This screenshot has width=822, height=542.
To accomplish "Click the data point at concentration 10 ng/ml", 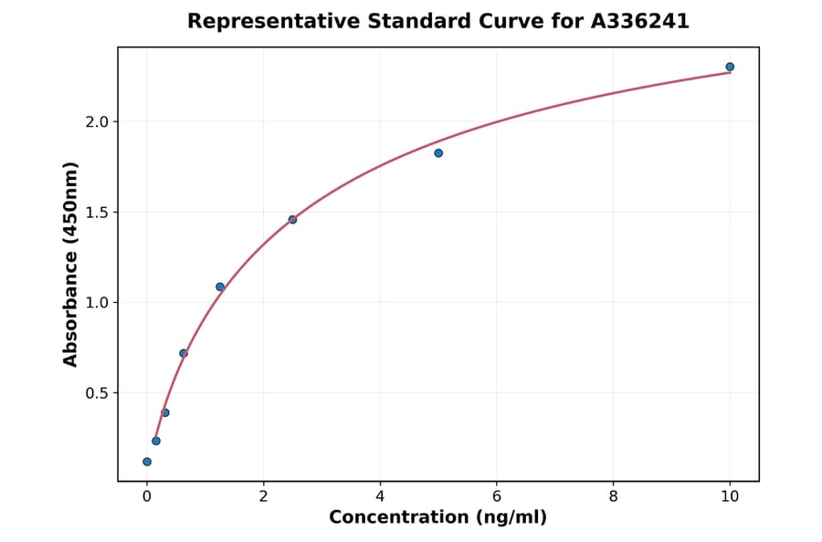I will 730,67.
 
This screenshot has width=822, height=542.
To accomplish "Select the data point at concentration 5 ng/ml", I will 438,153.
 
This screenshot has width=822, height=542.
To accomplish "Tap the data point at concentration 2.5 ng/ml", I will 292,220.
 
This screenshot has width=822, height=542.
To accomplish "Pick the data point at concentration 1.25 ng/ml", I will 220,287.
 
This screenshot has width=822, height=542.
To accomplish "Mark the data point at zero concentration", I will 147,462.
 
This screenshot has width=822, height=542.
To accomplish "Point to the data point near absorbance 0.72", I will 184,353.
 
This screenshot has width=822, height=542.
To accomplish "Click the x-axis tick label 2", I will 263,497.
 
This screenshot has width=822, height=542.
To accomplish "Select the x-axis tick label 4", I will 380,497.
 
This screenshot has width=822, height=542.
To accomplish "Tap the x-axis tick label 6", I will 497,497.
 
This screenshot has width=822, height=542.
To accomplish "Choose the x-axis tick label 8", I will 613,497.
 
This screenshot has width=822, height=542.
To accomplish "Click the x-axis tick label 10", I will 730,497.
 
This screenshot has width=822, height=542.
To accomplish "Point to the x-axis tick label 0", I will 147,497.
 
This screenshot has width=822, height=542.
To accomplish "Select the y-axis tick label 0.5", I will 98,393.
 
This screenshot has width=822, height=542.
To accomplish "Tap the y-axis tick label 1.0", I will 98,303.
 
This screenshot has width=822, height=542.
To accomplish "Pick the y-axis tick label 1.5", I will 98,213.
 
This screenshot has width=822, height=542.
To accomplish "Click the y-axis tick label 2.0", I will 98,122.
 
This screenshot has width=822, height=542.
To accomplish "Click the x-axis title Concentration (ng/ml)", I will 437,518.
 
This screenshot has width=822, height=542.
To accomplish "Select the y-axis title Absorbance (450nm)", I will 71,264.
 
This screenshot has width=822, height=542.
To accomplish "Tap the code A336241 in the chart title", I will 639,21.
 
